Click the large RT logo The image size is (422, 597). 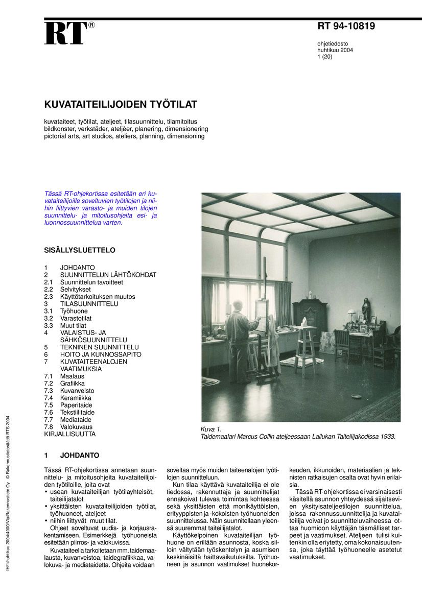[x=66, y=34]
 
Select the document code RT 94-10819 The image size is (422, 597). [x=346, y=27]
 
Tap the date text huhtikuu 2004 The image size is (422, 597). [x=335, y=50]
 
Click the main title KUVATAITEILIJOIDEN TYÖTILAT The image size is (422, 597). [x=121, y=105]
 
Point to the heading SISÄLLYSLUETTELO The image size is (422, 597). [x=80, y=250]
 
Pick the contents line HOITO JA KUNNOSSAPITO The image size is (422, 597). [x=101, y=354]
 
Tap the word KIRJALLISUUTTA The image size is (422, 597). [x=70, y=434]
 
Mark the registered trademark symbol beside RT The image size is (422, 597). [x=91, y=25]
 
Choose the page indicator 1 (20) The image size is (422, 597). [x=325, y=57]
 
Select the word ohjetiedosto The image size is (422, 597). [x=333, y=43]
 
